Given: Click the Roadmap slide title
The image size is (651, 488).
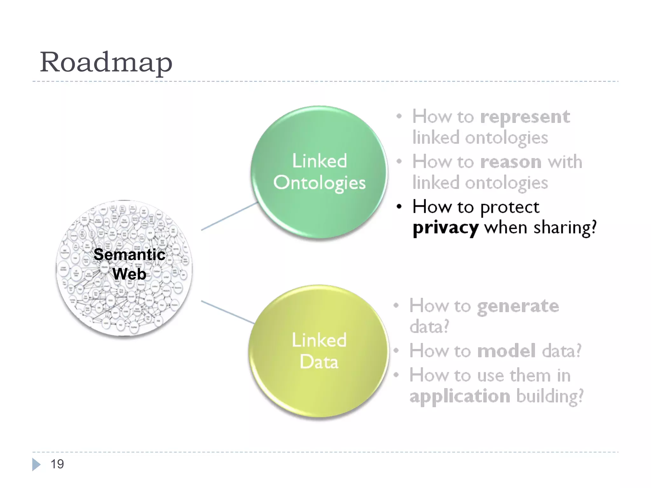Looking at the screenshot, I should pyautogui.click(x=106, y=62).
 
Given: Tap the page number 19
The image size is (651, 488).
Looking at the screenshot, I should pyautogui.click(x=57, y=464).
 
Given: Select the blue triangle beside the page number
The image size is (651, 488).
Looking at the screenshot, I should pyautogui.click(x=36, y=464).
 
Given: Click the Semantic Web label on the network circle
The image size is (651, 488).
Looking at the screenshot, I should pyautogui.click(x=129, y=264).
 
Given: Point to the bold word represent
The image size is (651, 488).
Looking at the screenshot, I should pyautogui.click(x=525, y=117).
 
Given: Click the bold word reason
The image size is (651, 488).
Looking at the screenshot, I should pyautogui.click(x=511, y=162).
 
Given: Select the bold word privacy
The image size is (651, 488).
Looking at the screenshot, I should pyautogui.click(x=445, y=228).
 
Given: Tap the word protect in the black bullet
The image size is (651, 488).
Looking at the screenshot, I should pyautogui.click(x=510, y=207).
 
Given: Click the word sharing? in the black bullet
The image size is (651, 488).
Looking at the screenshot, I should pyautogui.click(x=565, y=228).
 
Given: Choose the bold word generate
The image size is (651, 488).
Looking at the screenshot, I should pyautogui.click(x=518, y=306).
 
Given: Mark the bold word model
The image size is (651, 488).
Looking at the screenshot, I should pyautogui.click(x=506, y=351).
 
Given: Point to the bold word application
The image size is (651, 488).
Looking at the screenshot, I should pyautogui.click(x=460, y=396).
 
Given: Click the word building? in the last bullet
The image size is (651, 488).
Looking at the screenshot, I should pyautogui.click(x=550, y=396).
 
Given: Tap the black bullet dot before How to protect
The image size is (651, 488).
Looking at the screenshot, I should pyautogui.click(x=399, y=207).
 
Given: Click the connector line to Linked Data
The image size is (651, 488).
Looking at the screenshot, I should pyautogui.click(x=228, y=312).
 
